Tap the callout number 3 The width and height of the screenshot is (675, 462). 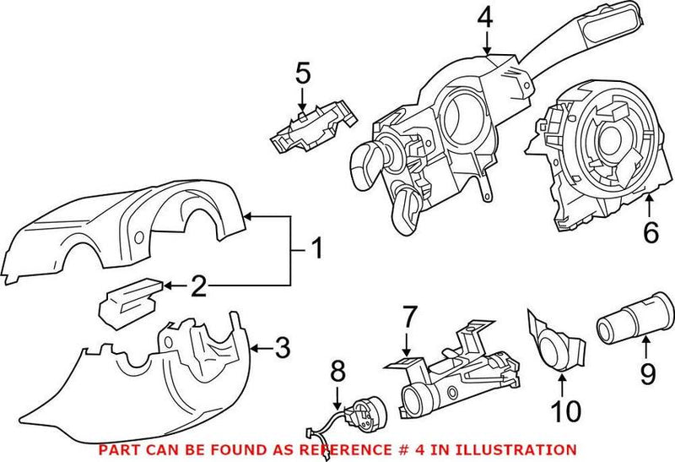click(283, 347)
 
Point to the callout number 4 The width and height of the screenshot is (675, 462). click(483, 18)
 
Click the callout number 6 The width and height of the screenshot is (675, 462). click(651, 232)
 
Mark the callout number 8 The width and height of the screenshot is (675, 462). click(337, 372)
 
